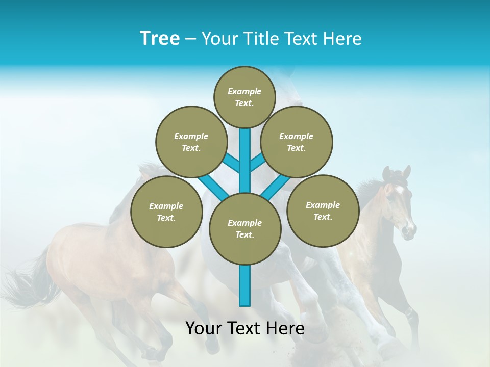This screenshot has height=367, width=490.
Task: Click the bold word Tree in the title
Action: click(160, 39)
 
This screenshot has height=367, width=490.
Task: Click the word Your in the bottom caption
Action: click(205, 328)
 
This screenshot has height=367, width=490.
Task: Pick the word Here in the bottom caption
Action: click(285, 328)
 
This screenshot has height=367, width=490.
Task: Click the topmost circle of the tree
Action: click(244, 97)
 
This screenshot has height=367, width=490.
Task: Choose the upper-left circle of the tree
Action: click(191, 142)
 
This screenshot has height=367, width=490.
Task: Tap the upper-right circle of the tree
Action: click(297, 142)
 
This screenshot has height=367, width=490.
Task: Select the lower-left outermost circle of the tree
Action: click(166, 212)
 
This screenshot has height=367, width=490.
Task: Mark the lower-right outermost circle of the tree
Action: click(323, 211)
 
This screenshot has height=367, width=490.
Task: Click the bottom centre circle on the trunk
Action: click(244, 228)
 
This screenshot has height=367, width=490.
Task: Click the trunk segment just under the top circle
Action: click(245, 148)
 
